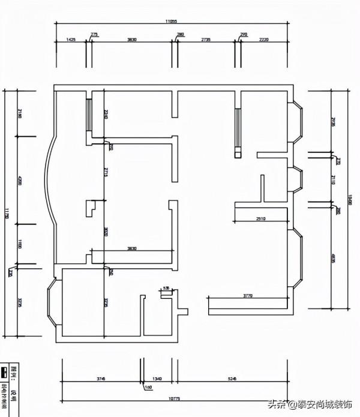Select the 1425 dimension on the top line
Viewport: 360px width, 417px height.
(x=71, y=40)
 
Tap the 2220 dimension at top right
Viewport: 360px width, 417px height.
(x=263, y=40)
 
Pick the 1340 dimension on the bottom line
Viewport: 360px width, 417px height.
(x=157, y=379)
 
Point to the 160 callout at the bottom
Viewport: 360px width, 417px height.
(x=148, y=388)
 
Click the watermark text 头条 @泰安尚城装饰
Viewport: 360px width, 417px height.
(x=313, y=404)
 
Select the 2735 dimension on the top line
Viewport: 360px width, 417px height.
(x=206, y=40)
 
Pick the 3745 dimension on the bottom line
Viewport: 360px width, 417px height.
(x=100, y=379)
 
